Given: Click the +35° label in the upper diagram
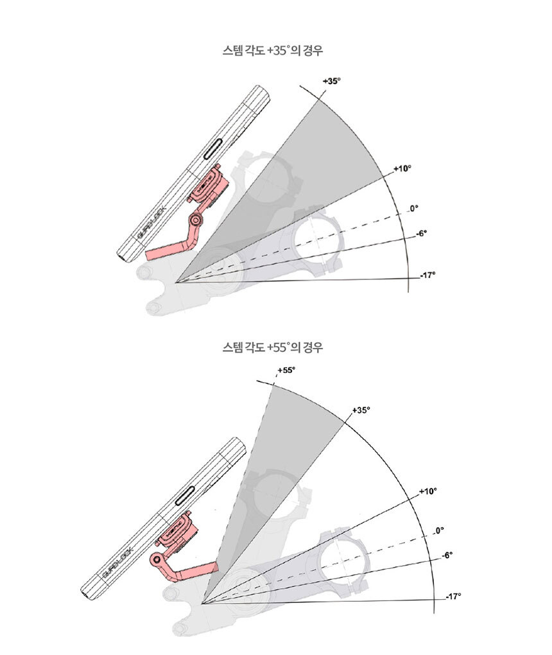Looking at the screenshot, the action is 332,81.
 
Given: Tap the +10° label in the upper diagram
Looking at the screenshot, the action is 402,168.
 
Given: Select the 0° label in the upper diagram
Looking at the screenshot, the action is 413,208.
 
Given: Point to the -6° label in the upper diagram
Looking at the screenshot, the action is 422,234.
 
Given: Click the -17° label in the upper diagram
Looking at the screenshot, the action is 427,275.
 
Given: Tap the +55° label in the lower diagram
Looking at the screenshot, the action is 286,370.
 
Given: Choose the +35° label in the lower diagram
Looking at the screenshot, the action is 361,410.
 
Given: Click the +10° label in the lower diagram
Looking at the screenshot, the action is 428,491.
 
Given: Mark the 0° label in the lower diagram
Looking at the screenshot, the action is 439,530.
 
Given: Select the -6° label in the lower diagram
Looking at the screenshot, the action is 447,555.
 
